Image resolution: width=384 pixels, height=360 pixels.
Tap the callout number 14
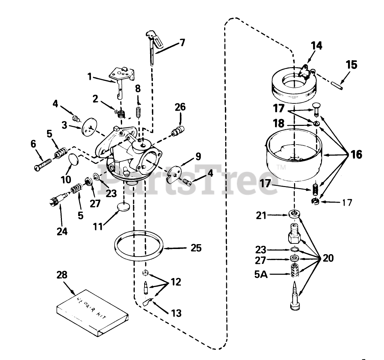coord(316,46)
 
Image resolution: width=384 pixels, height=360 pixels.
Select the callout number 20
coord(329,258)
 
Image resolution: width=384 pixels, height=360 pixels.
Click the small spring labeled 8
coord(138,112)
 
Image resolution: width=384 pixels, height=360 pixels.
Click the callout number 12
coord(176,283)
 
